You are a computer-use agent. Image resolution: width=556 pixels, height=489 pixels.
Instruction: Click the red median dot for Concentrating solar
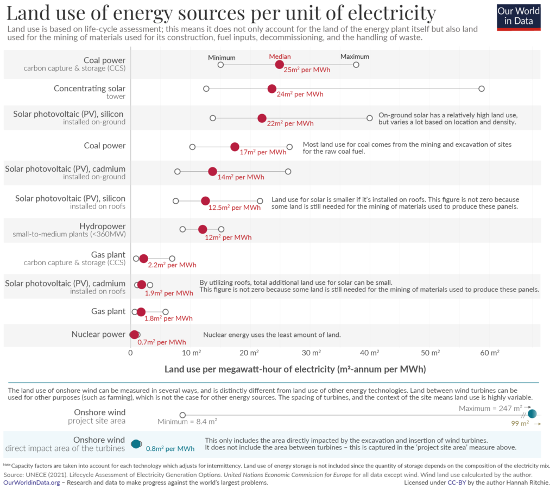tap(272, 89)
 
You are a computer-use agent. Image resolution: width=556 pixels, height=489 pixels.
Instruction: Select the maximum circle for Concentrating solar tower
tap(481, 89)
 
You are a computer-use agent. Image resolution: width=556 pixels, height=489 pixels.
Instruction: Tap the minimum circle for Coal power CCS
tap(220, 65)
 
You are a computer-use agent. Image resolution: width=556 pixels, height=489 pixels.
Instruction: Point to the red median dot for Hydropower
tap(203, 229)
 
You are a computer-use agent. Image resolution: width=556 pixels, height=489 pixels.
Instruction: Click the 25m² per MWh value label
tap(307, 70)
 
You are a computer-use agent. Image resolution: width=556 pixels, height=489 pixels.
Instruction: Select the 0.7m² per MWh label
tap(162, 342)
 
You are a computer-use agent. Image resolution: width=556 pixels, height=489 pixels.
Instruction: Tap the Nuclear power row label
tap(98, 334)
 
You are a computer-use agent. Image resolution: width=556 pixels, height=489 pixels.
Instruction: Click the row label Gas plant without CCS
tap(109, 311)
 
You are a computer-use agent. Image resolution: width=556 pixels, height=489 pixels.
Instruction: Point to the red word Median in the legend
tap(280, 57)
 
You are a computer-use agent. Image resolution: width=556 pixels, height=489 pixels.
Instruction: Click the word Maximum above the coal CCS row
tap(355, 57)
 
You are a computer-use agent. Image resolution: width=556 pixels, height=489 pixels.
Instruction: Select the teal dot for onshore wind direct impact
tap(136, 444)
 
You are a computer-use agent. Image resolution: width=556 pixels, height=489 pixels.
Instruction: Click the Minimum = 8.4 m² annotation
tap(187, 421)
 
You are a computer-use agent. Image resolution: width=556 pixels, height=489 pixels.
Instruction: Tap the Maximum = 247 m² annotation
tap(490, 407)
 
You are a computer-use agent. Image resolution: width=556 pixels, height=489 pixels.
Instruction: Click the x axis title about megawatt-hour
tap(295, 369)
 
